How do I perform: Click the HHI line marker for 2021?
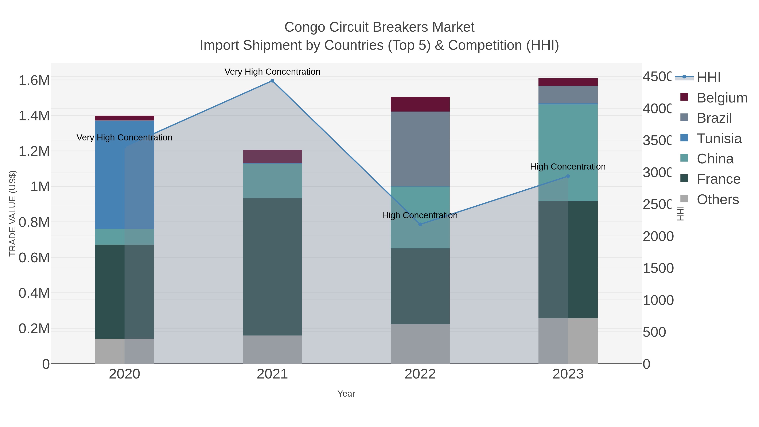272,81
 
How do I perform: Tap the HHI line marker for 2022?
420,224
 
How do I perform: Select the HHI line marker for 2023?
568,176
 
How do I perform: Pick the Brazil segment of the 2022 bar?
420,149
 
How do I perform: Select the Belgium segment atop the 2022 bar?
420,104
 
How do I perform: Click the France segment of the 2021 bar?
272,267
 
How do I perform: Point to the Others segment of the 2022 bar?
420,344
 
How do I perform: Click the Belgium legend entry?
722,98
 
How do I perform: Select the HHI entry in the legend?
709,77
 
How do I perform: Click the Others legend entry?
718,199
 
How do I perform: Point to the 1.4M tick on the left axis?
34,116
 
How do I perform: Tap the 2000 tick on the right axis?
658,236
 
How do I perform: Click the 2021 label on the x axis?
272,374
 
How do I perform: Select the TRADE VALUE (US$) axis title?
12,213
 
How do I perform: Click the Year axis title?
346,394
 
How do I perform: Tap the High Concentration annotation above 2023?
568,167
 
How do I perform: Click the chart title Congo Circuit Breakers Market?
379,27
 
